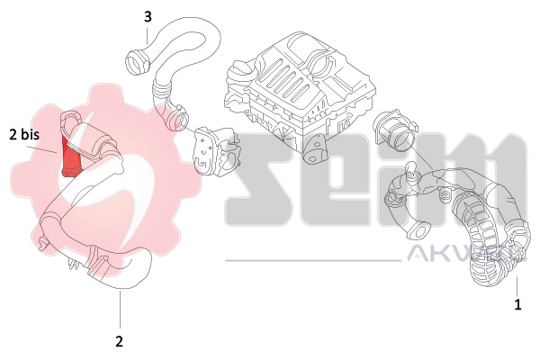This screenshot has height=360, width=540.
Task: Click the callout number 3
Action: point(148,16)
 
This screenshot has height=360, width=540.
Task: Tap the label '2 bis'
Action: point(24,136)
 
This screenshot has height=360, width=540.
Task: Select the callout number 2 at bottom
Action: point(119,341)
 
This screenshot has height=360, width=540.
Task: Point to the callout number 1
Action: point(517,305)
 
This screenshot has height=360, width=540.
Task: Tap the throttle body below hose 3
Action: point(217,148)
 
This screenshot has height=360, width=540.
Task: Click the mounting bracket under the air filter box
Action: point(315,150)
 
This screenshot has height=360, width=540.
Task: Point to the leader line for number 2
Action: point(119,310)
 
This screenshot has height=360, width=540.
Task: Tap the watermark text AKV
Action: point(441,256)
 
